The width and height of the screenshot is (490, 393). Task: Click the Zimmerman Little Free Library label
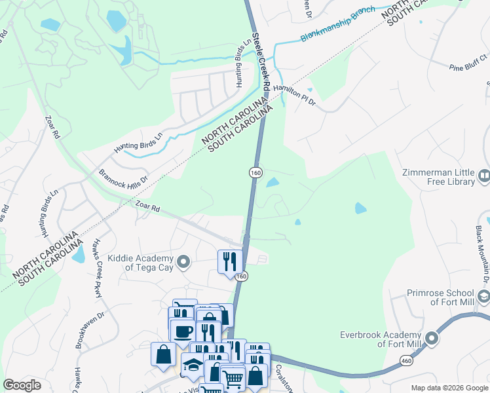pyautogui.click(x=436, y=176)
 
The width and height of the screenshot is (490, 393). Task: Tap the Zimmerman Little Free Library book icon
pyautogui.click(x=484, y=176)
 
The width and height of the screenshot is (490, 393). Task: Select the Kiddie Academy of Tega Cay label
pyautogui.click(x=139, y=263)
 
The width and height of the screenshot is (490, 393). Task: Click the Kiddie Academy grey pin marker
pyautogui.click(x=183, y=263)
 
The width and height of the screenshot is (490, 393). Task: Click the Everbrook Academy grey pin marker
pyautogui.click(x=431, y=339)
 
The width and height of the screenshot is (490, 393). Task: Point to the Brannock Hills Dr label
pyautogui.click(x=124, y=178)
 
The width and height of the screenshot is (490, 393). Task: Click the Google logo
pyautogui.click(x=22, y=385)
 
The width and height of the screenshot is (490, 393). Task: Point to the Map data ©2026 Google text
pyautogui.click(x=448, y=388)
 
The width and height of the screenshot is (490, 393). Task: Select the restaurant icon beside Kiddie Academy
pyautogui.click(x=229, y=261)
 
